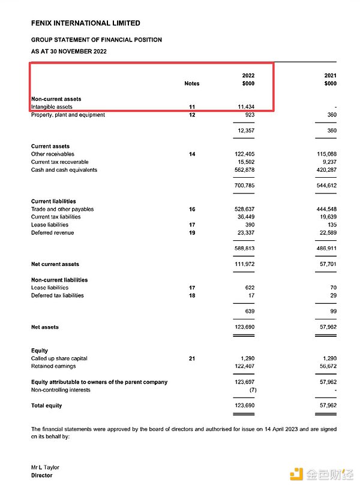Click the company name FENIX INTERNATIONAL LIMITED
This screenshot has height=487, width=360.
click(x=86, y=23)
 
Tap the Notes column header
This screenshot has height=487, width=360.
click(x=191, y=83)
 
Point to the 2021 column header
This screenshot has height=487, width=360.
click(x=330, y=76)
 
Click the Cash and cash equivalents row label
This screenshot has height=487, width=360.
click(x=64, y=170)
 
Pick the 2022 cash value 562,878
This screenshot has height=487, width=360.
click(x=244, y=170)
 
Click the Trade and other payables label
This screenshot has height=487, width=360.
click(x=62, y=209)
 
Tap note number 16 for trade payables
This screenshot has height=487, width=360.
click(x=191, y=209)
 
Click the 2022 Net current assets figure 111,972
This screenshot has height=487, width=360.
click(x=244, y=264)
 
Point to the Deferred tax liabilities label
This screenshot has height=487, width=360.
click(x=58, y=295)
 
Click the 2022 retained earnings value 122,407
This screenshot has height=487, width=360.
click(x=244, y=366)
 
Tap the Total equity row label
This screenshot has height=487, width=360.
click(x=47, y=406)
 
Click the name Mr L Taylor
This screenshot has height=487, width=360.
click(x=45, y=467)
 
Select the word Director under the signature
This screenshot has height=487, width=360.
click(x=41, y=476)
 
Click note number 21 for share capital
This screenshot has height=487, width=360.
click(x=191, y=358)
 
